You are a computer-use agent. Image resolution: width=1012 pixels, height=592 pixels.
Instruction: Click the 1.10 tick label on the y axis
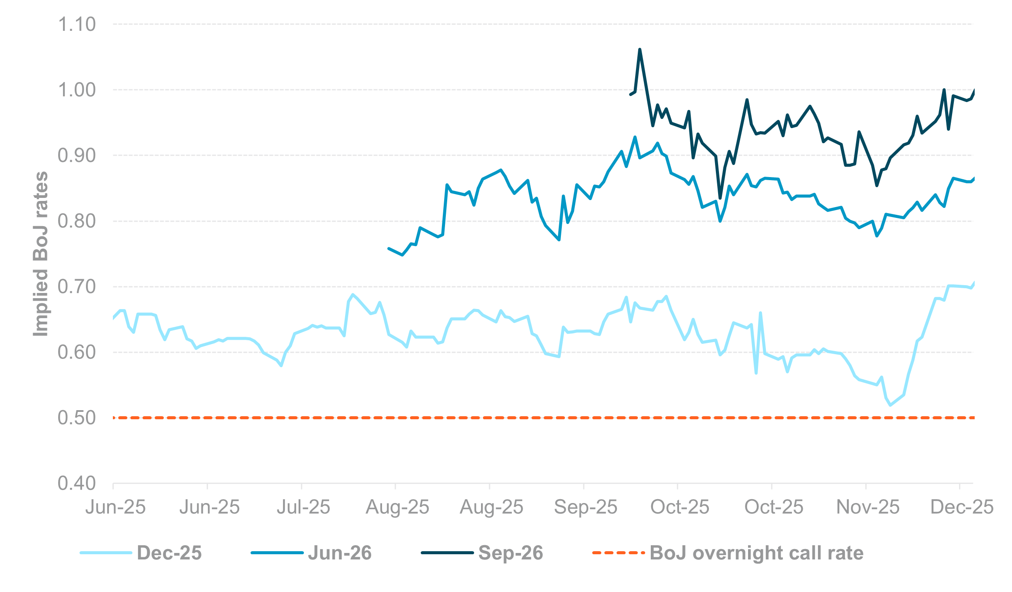(x=76, y=24)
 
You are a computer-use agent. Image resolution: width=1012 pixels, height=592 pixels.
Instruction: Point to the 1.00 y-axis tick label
(x=76, y=90)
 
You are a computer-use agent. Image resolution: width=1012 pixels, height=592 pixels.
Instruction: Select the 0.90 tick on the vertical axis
(x=76, y=155)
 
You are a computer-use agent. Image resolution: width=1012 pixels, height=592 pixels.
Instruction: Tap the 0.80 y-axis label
(x=76, y=221)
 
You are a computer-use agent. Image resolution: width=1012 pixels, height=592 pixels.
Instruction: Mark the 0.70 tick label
(x=76, y=286)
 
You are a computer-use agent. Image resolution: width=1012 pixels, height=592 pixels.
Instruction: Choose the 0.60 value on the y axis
(x=76, y=352)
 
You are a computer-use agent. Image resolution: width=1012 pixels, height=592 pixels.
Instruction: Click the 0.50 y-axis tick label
(x=76, y=418)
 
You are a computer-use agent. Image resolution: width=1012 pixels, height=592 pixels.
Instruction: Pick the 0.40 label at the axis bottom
(x=76, y=483)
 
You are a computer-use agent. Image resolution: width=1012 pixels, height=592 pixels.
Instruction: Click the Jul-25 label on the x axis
(x=303, y=507)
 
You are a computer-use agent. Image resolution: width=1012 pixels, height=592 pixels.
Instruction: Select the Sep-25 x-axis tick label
(x=585, y=507)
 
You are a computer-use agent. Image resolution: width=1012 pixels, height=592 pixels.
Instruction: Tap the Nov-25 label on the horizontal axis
(x=867, y=507)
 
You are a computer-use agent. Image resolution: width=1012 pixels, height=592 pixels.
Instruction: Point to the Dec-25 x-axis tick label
(x=962, y=507)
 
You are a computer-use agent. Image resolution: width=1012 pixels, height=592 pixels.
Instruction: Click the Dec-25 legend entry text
(x=169, y=553)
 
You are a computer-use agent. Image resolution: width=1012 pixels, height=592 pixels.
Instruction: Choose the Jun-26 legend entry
(x=340, y=553)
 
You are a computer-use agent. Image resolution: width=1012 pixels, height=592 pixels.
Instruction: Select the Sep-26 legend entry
(x=511, y=553)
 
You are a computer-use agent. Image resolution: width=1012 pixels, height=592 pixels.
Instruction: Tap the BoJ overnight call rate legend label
(x=756, y=553)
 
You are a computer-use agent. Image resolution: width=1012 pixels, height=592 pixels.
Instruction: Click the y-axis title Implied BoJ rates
(x=41, y=254)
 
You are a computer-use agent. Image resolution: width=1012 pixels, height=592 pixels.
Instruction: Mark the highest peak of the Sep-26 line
(x=640, y=49)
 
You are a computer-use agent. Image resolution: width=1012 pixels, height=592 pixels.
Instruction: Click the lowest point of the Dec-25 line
(x=890, y=405)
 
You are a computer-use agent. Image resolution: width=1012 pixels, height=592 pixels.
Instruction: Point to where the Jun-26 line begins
(x=389, y=249)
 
